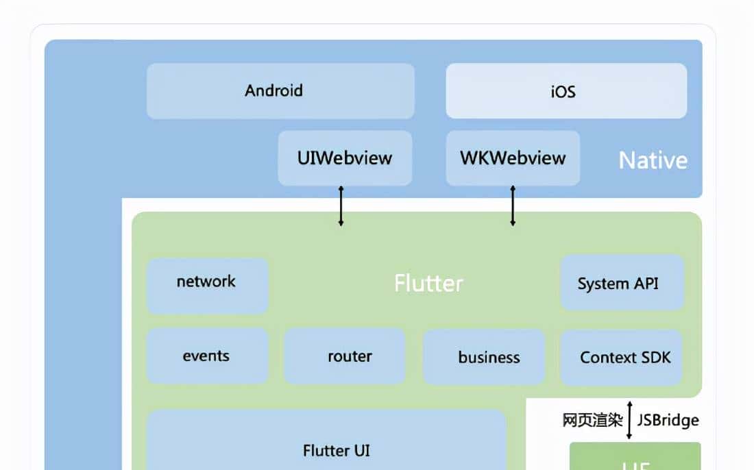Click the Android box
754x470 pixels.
(280, 91)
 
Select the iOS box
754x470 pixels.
(566, 91)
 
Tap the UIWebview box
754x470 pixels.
(345, 158)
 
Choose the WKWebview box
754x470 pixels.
(513, 158)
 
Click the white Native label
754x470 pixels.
(653, 160)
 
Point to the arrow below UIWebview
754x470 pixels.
(341, 206)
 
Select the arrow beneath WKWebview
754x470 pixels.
(513, 206)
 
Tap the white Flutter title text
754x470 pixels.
(428, 283)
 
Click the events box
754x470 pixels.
(207, 356)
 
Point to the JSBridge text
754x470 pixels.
(668, 420)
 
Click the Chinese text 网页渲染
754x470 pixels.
(592, 420)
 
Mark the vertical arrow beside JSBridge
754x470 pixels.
(630, 420)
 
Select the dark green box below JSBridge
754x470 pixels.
(635, 458)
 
